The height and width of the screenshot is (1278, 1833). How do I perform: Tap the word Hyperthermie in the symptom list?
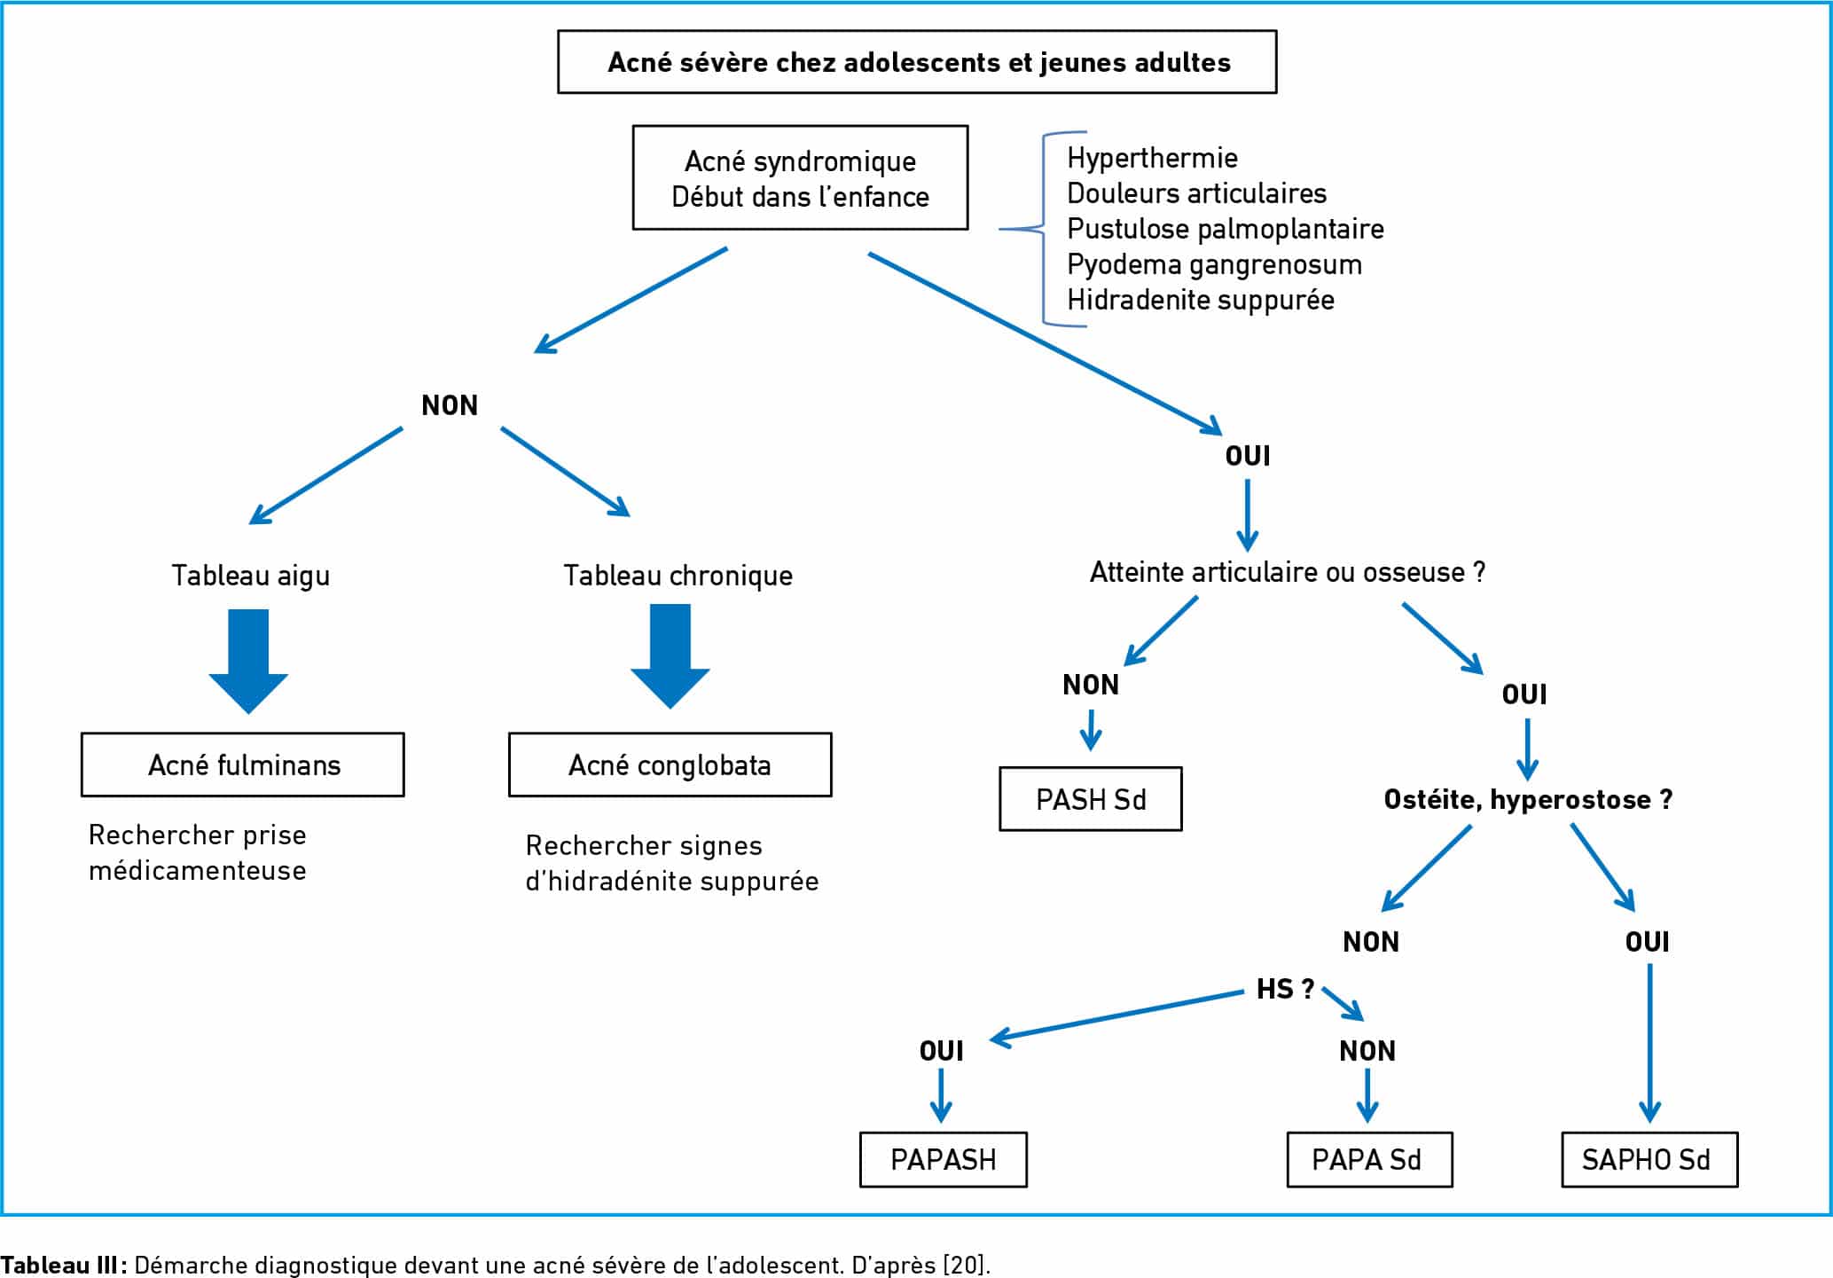click(1152, 158)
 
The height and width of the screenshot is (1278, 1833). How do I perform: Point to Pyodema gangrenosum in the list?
click(1214, 264)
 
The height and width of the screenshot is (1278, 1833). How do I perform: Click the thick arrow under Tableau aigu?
click(248, 661)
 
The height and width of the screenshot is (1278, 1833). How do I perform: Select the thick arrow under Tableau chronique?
click(670, 656)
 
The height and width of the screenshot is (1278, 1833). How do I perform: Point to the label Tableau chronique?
click(678, 576)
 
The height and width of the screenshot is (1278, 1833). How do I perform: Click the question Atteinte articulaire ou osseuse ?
click(1288, 572)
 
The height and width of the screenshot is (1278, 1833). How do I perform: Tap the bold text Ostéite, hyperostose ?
click(1529, 799)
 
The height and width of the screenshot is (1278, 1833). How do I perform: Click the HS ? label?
click(1285, 989)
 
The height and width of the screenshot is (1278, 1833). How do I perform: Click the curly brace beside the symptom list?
click(1043, 230)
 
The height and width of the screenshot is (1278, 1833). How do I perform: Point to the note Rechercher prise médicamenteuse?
click(198, 852)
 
